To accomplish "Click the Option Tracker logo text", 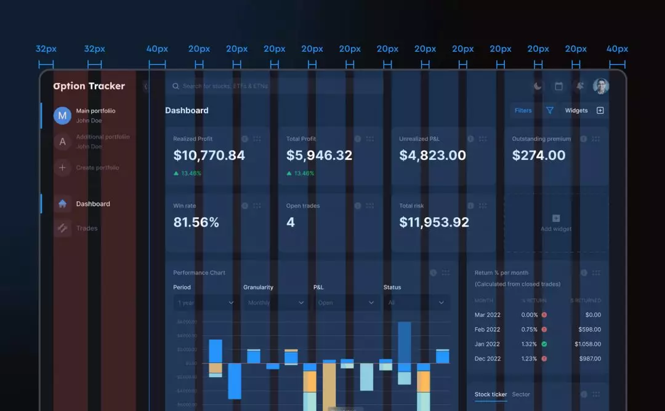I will pos(89,86).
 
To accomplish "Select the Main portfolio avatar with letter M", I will pos(62,116).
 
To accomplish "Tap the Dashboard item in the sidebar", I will pos(93,204).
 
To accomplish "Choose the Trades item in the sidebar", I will pos(87,228).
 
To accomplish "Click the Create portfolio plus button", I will pos(62,167).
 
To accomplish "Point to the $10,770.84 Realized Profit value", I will pos(209,156).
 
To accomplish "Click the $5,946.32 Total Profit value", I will pos(319,156).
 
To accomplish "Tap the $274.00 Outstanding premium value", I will pos(539,156).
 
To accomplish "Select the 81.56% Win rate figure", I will pos(196,223).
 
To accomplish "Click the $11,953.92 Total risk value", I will pos(434,223).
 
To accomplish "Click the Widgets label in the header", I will pos(576,111).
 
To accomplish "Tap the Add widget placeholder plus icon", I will pos(556,218).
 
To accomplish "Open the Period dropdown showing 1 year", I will pos(206,303).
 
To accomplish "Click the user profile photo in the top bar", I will pos(600,86).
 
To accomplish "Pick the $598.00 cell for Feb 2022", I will pos(589,329).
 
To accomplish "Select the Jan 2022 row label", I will pos(487,344).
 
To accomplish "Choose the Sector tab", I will pos(521,394).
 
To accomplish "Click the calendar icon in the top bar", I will pos(558,87).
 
